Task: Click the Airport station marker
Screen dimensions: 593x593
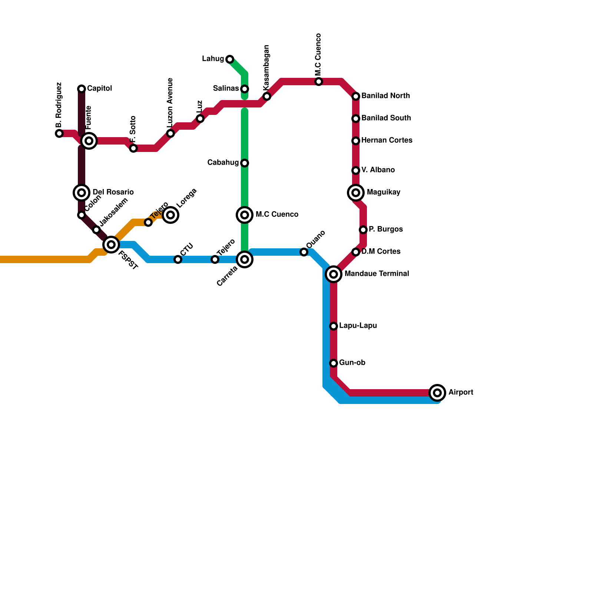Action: [437, 392]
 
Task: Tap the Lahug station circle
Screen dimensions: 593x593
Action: [230, 59]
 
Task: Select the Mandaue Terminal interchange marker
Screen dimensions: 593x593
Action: [334, 274]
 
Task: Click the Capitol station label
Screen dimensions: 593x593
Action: [99, 89]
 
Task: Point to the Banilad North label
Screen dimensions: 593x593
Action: [385, 96]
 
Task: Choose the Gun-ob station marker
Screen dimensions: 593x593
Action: [334, 363]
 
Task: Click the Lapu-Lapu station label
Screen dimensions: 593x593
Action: [358, 326]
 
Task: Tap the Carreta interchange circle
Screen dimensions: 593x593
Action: [245, 259]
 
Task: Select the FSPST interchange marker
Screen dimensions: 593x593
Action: [111, 245]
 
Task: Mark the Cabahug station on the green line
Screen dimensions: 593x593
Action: [245, 163]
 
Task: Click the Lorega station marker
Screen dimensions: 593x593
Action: [170, 215]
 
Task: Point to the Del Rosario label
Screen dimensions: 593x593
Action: [113, 192]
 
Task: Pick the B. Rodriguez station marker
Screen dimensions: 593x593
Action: [59, 133]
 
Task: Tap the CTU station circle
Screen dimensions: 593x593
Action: [178, 259]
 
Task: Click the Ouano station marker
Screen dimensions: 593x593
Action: [304, 252]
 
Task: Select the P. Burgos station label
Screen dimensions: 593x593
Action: [385, 229]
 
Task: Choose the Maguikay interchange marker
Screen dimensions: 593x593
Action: [356, 193]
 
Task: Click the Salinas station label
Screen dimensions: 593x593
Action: [226, 89]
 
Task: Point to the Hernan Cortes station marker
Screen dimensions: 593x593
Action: [356, 141]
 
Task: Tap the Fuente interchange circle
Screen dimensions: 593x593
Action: [89, 141]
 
